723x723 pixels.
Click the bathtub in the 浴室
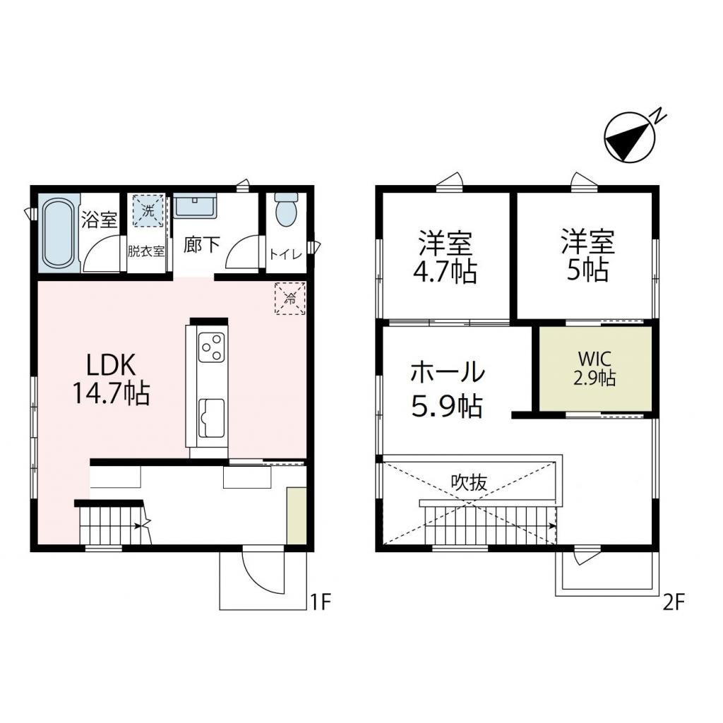coord(58,234)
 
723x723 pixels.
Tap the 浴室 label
coord(99,220)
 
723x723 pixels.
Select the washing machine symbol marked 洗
coord(148,211)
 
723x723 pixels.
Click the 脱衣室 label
coord(146,249)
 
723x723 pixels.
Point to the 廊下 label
coord(202,244)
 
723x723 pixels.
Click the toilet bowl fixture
coord(286,210)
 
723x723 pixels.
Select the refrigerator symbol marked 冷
coord(289,298)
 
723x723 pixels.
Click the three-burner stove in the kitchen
coord(211,347)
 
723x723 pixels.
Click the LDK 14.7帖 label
coord(110,380)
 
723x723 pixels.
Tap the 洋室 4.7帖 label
coord(446,257)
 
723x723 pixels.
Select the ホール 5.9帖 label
coord(447,388)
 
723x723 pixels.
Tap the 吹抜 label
coord(470,484)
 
